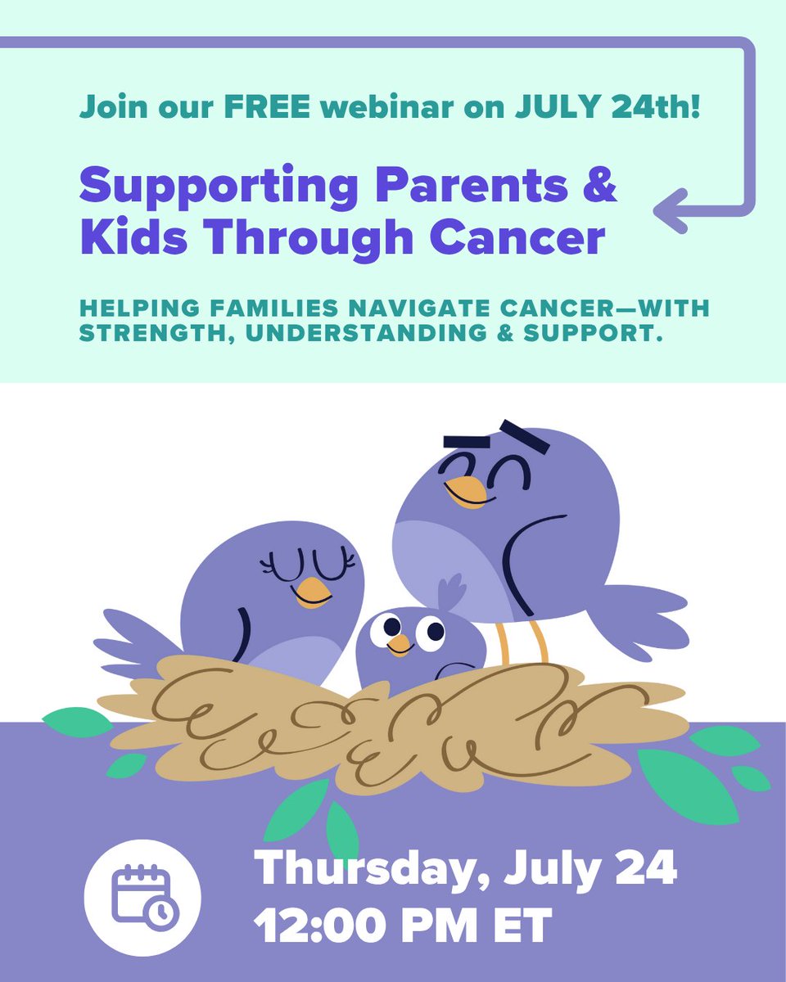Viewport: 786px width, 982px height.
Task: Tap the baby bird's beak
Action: (x=400, y=646)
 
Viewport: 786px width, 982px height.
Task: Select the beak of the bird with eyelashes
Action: (x=313, y=591)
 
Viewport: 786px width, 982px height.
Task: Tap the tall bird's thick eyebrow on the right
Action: (x=524, y=435)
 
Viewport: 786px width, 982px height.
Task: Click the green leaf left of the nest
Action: (x=77, y=722)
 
